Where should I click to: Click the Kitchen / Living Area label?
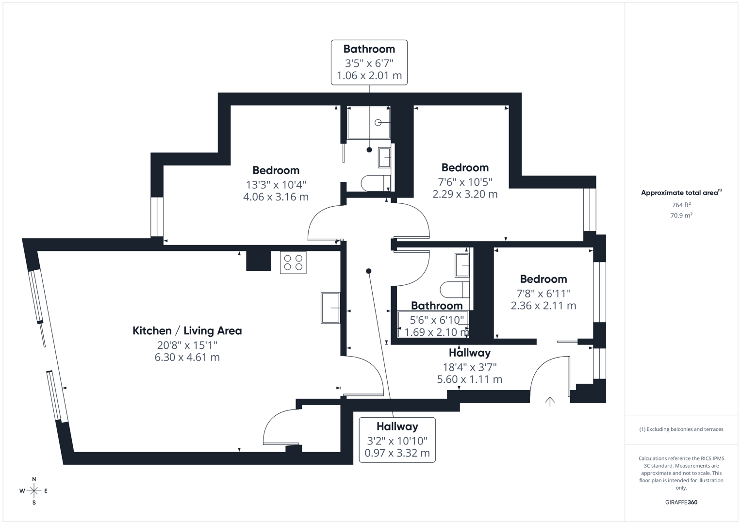point(187,331)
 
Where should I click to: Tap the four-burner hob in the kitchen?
point(293,262)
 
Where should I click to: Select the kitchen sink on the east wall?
point(330,308)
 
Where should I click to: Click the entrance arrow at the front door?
point(550,402)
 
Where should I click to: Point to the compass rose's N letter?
point(34,479)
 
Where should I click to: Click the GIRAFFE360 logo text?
point(681,502)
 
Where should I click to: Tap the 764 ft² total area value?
point(681,205)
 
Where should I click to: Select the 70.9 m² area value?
point(681,215)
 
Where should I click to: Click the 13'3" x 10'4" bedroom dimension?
point(276,184)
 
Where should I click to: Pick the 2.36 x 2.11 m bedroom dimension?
point(543,305)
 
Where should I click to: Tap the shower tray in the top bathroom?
point(368,122)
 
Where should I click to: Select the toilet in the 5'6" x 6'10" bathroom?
point(455,290)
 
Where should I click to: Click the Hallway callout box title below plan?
point(397,426)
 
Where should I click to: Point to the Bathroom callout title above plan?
point(369,49)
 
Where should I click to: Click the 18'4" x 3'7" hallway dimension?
point(470,367)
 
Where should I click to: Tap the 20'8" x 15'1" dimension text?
point(187,345)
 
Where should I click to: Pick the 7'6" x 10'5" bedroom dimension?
point(465,181)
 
